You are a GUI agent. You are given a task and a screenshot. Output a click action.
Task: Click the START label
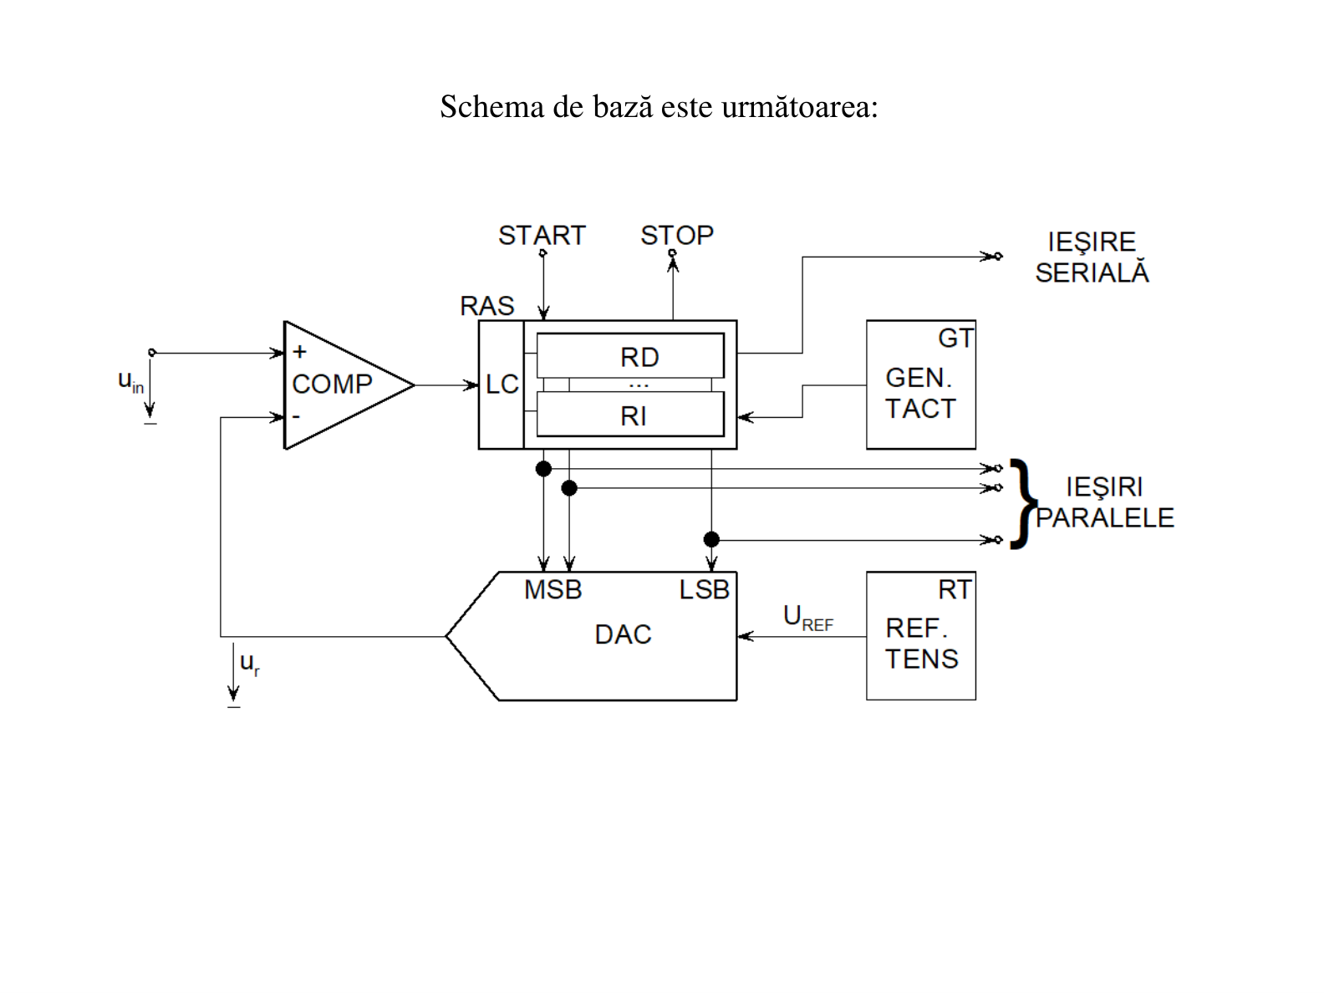(x=542, y=235)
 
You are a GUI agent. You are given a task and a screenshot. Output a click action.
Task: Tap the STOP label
(x=677, y=235)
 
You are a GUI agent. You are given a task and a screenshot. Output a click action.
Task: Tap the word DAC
(x=623, y=634)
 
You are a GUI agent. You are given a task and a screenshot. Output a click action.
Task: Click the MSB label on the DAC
(x=553, y=589)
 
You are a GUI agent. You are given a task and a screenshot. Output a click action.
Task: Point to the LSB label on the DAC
(x=704, y=589)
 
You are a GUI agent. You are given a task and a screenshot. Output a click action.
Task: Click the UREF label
(x=808, y=618)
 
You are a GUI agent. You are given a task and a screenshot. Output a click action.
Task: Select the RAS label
(x=486, y=306)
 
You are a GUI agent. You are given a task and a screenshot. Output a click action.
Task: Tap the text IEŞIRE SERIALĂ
(x=1092, y=257)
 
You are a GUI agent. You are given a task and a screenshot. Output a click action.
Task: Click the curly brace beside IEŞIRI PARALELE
(x=1024, y=504)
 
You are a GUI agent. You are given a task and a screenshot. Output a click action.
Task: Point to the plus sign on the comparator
(x=299, y=352)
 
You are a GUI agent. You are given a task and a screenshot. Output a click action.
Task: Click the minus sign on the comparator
(x=296, y=416)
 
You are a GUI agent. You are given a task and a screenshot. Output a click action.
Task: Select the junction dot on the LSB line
(x=712, y=539)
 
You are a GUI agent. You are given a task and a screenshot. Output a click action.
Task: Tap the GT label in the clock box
(x=955, y=338)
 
